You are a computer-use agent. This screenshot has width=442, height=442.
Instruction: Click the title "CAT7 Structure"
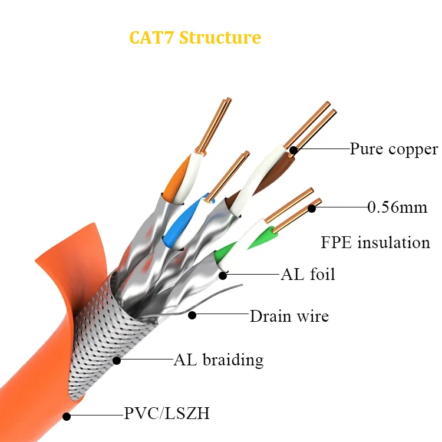[195, 37]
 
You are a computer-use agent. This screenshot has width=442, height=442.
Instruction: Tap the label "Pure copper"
[394, 149]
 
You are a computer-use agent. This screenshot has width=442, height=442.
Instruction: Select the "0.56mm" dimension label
[397, 207]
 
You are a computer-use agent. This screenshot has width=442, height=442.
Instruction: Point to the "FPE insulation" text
[375, 242]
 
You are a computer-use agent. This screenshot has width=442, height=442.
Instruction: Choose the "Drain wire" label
[289, 316]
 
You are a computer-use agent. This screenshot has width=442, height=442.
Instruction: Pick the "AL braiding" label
[218, 359]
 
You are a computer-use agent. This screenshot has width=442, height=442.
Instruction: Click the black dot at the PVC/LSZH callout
[67, 416]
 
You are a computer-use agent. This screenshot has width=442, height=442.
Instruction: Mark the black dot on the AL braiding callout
[117, 359]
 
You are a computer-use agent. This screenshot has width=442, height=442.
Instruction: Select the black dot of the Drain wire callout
[192, 316]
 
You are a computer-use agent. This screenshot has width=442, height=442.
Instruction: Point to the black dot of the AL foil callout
[223, 274]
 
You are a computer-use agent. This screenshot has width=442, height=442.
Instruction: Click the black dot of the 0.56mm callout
[312, 207]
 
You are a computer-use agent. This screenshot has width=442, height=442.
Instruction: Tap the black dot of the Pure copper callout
[293, 150]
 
